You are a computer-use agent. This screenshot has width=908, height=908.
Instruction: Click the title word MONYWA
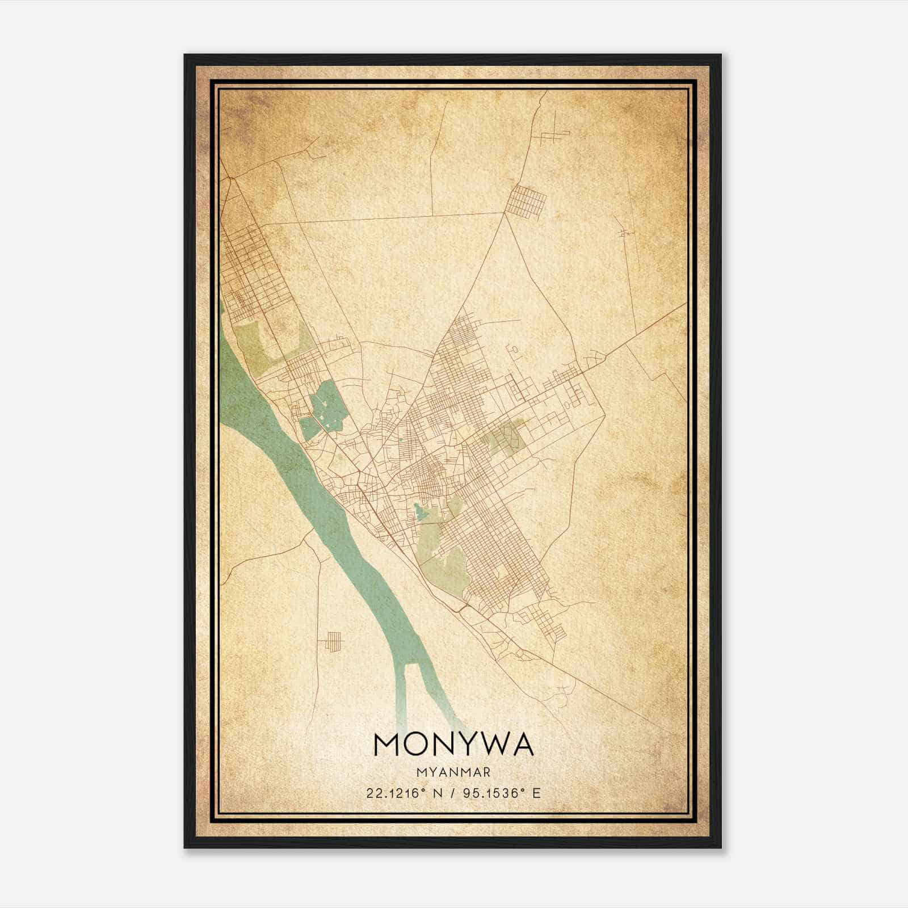pos(453,745)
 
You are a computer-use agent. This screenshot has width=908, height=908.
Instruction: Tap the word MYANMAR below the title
pos(453,772)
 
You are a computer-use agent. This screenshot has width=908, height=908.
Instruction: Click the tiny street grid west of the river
pos(334,641)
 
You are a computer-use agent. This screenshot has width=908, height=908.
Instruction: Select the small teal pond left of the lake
pos(309,428)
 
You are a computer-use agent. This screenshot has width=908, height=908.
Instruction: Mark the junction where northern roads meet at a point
pos(504,213)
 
